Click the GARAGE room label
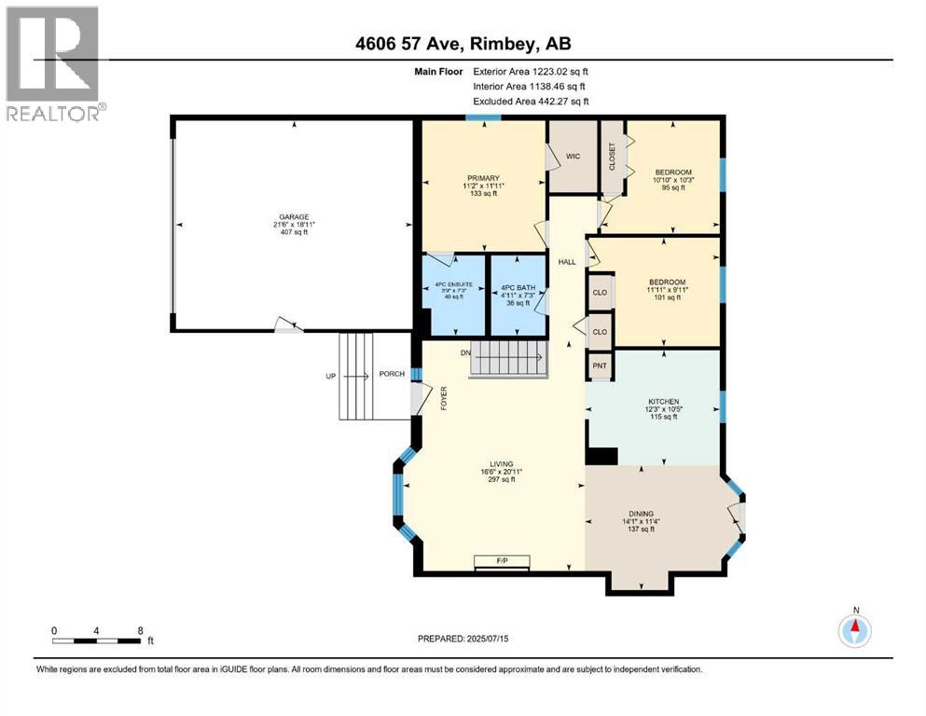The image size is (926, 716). click(x=292, y=216)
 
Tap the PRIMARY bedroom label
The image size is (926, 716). click(x=483, y=178)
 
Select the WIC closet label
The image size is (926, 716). click(x=574, y=157)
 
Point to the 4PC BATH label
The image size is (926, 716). click(x=518, y=287)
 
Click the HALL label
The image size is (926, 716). click(x=566, y=263)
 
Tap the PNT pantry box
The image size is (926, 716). click(x=600, y=366)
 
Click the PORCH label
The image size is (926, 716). click(x=392, y=375)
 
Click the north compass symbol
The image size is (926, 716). click(x=854, y=630)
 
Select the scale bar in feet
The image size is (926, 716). click(x=97, y=640)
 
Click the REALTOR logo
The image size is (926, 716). click(x=53, y=63)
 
